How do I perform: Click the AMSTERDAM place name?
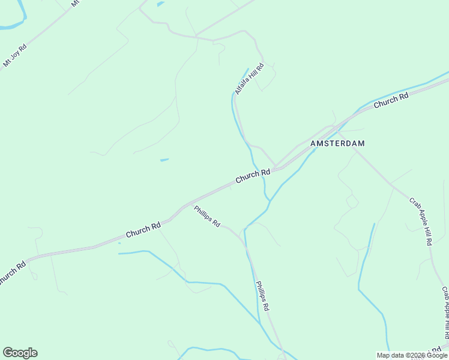[337, 144]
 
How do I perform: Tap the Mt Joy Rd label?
[15, 55]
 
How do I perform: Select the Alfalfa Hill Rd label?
[249, 79]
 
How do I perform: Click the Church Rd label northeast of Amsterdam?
[391, 100]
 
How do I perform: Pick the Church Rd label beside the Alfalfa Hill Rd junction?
[252, 176]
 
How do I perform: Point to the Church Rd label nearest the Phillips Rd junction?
[143, 229]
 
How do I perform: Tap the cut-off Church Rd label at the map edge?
[12, 272]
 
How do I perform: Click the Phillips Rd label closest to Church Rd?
[206, 216]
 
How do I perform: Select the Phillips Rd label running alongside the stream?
[262, 296]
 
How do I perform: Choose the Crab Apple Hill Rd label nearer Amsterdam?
[421, 221]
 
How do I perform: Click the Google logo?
[20, 353]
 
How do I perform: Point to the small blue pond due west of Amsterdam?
[164, 160]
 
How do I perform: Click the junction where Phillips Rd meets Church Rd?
[188, 205]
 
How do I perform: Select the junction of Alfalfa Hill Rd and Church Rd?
[276, 167]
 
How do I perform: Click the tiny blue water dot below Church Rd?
[119, 243]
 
